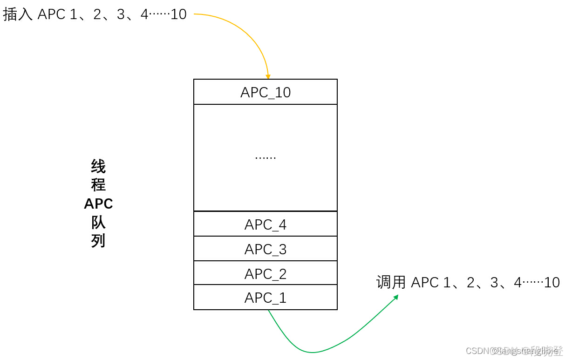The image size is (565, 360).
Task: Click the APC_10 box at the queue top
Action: click(265, 92)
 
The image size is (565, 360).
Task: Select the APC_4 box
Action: click(265, 224)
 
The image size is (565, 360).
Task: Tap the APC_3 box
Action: click(265, 249)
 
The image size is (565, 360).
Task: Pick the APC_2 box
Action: click(265, 273)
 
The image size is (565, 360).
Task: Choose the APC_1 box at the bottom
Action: click(265, 298)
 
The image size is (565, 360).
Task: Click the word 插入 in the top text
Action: click(18, 14)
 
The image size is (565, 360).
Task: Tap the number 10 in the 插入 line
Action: click(178, 14)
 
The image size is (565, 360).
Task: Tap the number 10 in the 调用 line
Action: click(552, 282)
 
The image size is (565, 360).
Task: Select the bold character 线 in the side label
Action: click(98, 166)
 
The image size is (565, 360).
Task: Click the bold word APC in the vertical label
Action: click(98, 204)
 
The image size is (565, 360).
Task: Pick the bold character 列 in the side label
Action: click(98, 241)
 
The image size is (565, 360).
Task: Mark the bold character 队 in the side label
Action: click(98, 222)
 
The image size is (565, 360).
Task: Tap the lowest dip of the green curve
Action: click(311, 352)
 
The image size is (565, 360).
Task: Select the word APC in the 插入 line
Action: click(51, 14)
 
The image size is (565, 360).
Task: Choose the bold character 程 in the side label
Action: click(98, 185)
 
